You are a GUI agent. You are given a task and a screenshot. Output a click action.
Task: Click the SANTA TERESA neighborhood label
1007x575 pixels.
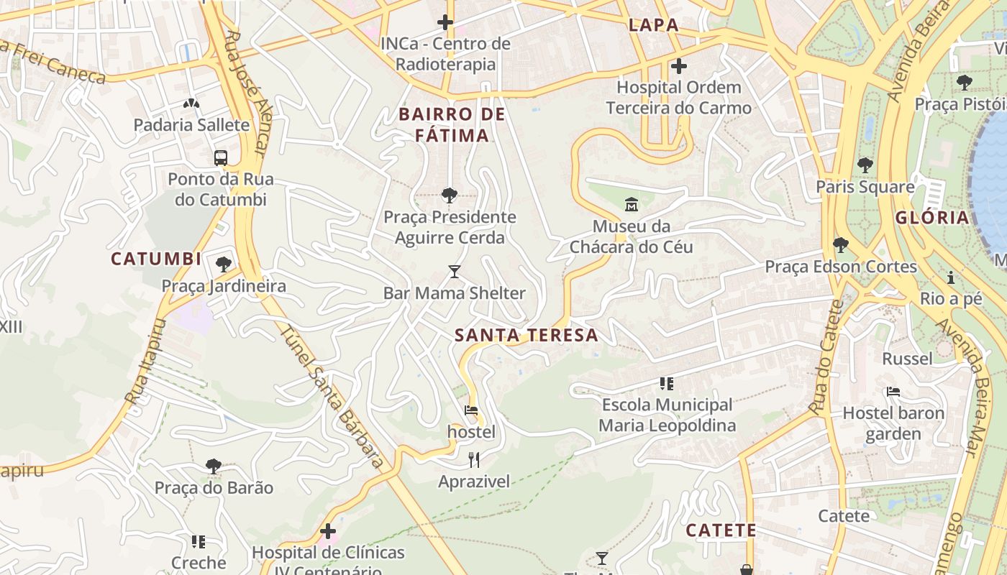pyautogui.click(x=527, y=335)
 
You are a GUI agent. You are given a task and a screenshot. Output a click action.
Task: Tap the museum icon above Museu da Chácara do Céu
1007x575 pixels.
pyautogui.click(x=632, y=205)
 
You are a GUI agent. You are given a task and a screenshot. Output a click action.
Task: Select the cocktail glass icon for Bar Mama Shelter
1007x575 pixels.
pyautogui.click(x=454, y=272)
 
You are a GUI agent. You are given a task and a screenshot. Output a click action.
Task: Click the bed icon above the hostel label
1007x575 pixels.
pyautogui.click(x=471, y=410)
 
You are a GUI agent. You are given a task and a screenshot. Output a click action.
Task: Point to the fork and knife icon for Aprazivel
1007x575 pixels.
pyautogui.click(x=474, y=460)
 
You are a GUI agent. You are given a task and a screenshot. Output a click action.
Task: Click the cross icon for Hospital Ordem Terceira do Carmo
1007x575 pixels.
pyautogui.click(x=678, y=66)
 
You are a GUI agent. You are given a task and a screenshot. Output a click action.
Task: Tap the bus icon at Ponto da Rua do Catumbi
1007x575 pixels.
pyautogui.click(x=221, y=157)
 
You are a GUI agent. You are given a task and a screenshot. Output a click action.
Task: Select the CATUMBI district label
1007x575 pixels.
pyautogui.click(x=156, y=259)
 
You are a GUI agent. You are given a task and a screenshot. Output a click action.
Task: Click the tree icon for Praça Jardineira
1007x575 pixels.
pyautogui.click(x=224, y=264)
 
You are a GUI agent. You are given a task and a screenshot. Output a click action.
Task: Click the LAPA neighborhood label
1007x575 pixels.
pyautogui.click(x=653, y=25)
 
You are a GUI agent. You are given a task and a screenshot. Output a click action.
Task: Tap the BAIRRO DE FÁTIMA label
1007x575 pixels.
pyautogui.click(x=452, y=124)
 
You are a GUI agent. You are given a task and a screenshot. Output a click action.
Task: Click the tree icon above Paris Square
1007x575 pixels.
pyautogui.click(x=865, y=165)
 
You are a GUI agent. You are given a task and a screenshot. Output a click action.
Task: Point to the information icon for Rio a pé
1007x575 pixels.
pyautogui.click(x=951, y=277)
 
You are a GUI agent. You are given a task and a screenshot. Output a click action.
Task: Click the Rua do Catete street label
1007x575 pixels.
pyautogui.click(x=826, y=357)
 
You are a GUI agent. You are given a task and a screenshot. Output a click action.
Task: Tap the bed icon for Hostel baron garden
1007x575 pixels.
pyautogui.click(x=893, y=392)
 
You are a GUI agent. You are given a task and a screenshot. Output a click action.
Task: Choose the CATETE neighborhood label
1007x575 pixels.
pyautogui.click(x=720, y=530)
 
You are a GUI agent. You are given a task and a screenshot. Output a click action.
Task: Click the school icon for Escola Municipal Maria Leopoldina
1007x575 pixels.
pyautogui.click(x=667, y=384)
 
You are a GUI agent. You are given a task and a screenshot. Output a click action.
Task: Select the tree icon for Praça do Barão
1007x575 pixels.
pyautogui.click(x=214, y=466)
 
